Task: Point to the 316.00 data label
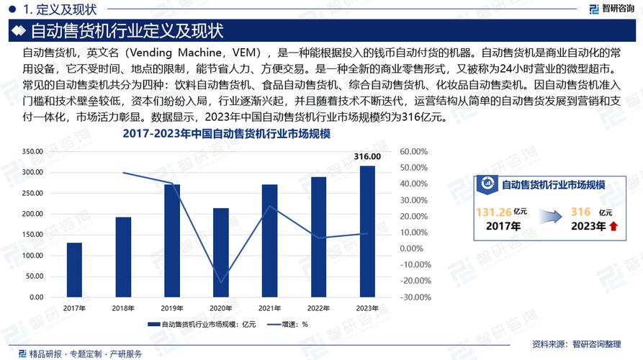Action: tap(367, 156)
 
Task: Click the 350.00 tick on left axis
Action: tap(33, 151)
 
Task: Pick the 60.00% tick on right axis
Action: tap(414, 151)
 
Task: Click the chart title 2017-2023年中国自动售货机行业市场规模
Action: tap(226, 135)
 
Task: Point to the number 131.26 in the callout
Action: tap(494, 212)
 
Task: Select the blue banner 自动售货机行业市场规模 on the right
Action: tap(551, 184)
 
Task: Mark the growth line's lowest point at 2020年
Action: tap(221, 282)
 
